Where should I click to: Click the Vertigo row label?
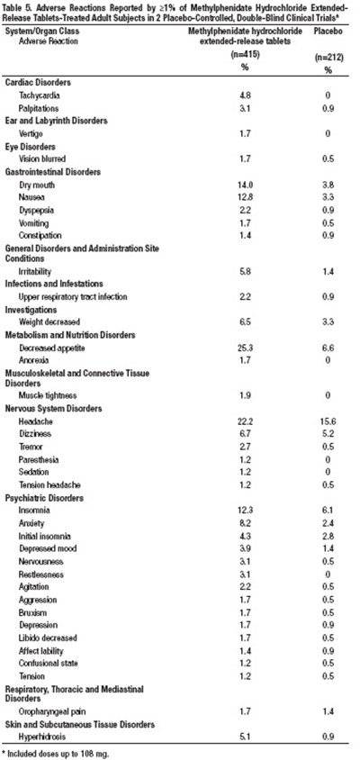point(32,132)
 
